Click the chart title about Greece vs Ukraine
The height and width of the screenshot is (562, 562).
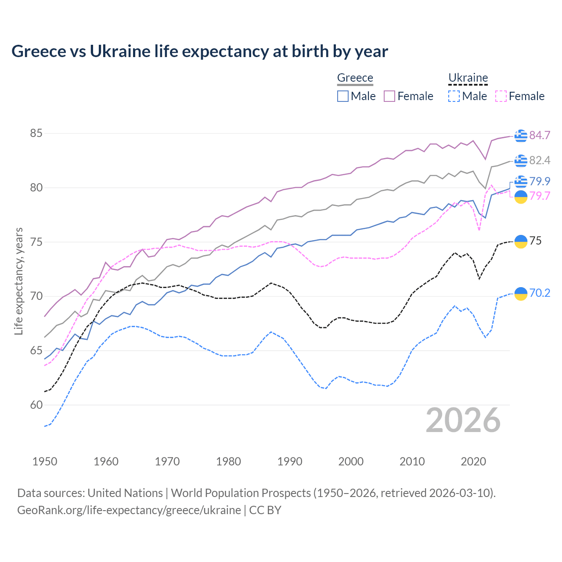point(200,51)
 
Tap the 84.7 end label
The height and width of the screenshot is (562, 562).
point(540,135)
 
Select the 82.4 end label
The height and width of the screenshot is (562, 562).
point(540,160)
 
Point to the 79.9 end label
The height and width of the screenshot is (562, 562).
point(540,181)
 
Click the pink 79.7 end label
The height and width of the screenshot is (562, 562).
point(540,196)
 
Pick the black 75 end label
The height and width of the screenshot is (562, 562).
point(535,241)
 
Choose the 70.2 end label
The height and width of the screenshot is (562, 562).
point(540,293)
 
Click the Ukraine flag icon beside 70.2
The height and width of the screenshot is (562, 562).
point(521,293)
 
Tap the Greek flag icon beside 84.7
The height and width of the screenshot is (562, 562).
point(521,136)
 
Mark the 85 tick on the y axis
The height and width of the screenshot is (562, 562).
point(36,133)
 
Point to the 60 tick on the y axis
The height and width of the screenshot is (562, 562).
point(36,405)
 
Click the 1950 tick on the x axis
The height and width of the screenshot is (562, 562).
point(45,461)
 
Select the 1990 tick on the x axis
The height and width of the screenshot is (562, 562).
point(290,461)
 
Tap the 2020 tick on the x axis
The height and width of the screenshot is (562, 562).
point(473,461)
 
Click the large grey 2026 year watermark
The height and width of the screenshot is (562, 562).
point(463,420)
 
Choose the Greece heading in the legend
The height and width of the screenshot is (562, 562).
point(355,78)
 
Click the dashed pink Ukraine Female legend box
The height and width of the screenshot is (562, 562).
point(501,96)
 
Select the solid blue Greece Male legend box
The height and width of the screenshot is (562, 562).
point(343,96)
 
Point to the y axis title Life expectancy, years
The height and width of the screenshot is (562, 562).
point(18,281)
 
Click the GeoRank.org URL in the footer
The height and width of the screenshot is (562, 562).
point(129,510)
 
